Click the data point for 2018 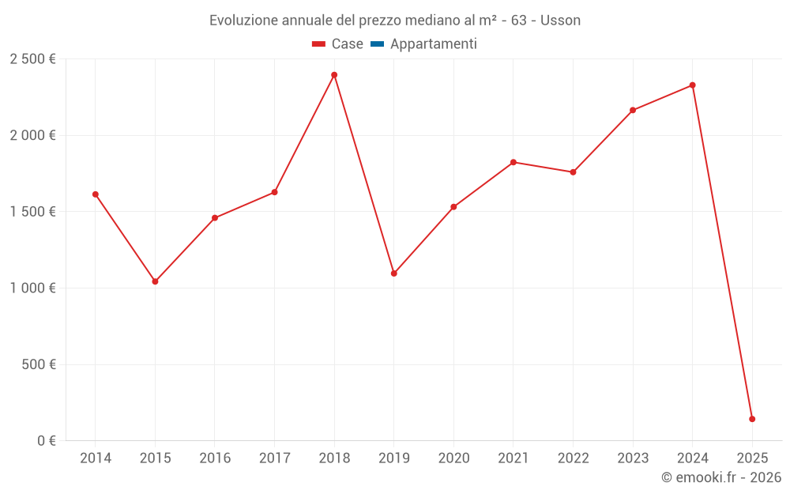334,75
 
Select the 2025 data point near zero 752,419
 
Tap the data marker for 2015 155,281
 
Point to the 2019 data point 393,273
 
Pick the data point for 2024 692,85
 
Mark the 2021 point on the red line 513,162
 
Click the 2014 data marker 95,194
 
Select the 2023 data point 633,110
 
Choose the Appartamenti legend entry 433,44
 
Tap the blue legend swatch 377,44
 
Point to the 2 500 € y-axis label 32,59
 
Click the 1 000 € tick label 32,288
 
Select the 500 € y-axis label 39,365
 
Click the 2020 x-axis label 453,458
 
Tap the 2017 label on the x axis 274,458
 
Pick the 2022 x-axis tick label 573,458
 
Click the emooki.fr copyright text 720,477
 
